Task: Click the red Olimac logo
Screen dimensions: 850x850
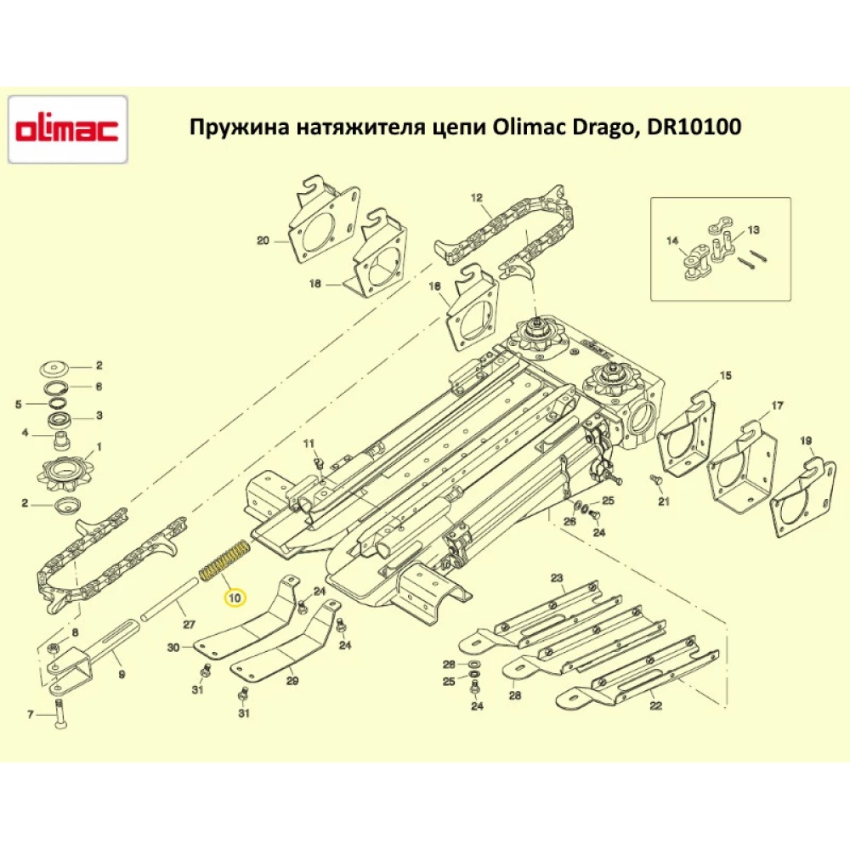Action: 68,130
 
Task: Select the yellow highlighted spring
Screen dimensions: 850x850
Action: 224,560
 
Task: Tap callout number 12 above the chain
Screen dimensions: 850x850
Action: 476,197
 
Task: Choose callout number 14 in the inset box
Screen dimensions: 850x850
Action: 672,241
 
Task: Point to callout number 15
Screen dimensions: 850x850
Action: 725,375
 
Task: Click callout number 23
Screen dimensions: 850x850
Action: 557,579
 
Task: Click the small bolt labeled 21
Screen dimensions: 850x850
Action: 656,482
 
